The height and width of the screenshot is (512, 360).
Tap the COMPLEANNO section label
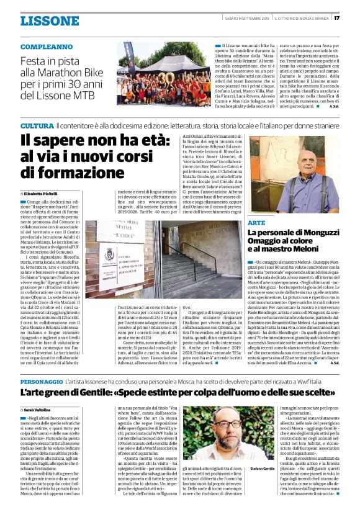[47, 47]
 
